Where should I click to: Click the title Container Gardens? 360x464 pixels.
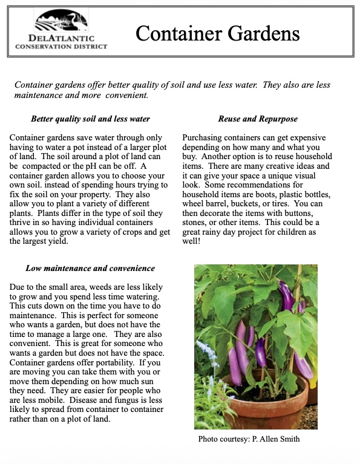[217, 33]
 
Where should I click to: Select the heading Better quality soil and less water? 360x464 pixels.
[90, 119]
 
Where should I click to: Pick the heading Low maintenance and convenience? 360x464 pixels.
[90, 268]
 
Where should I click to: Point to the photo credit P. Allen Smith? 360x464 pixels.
[249, 439]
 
